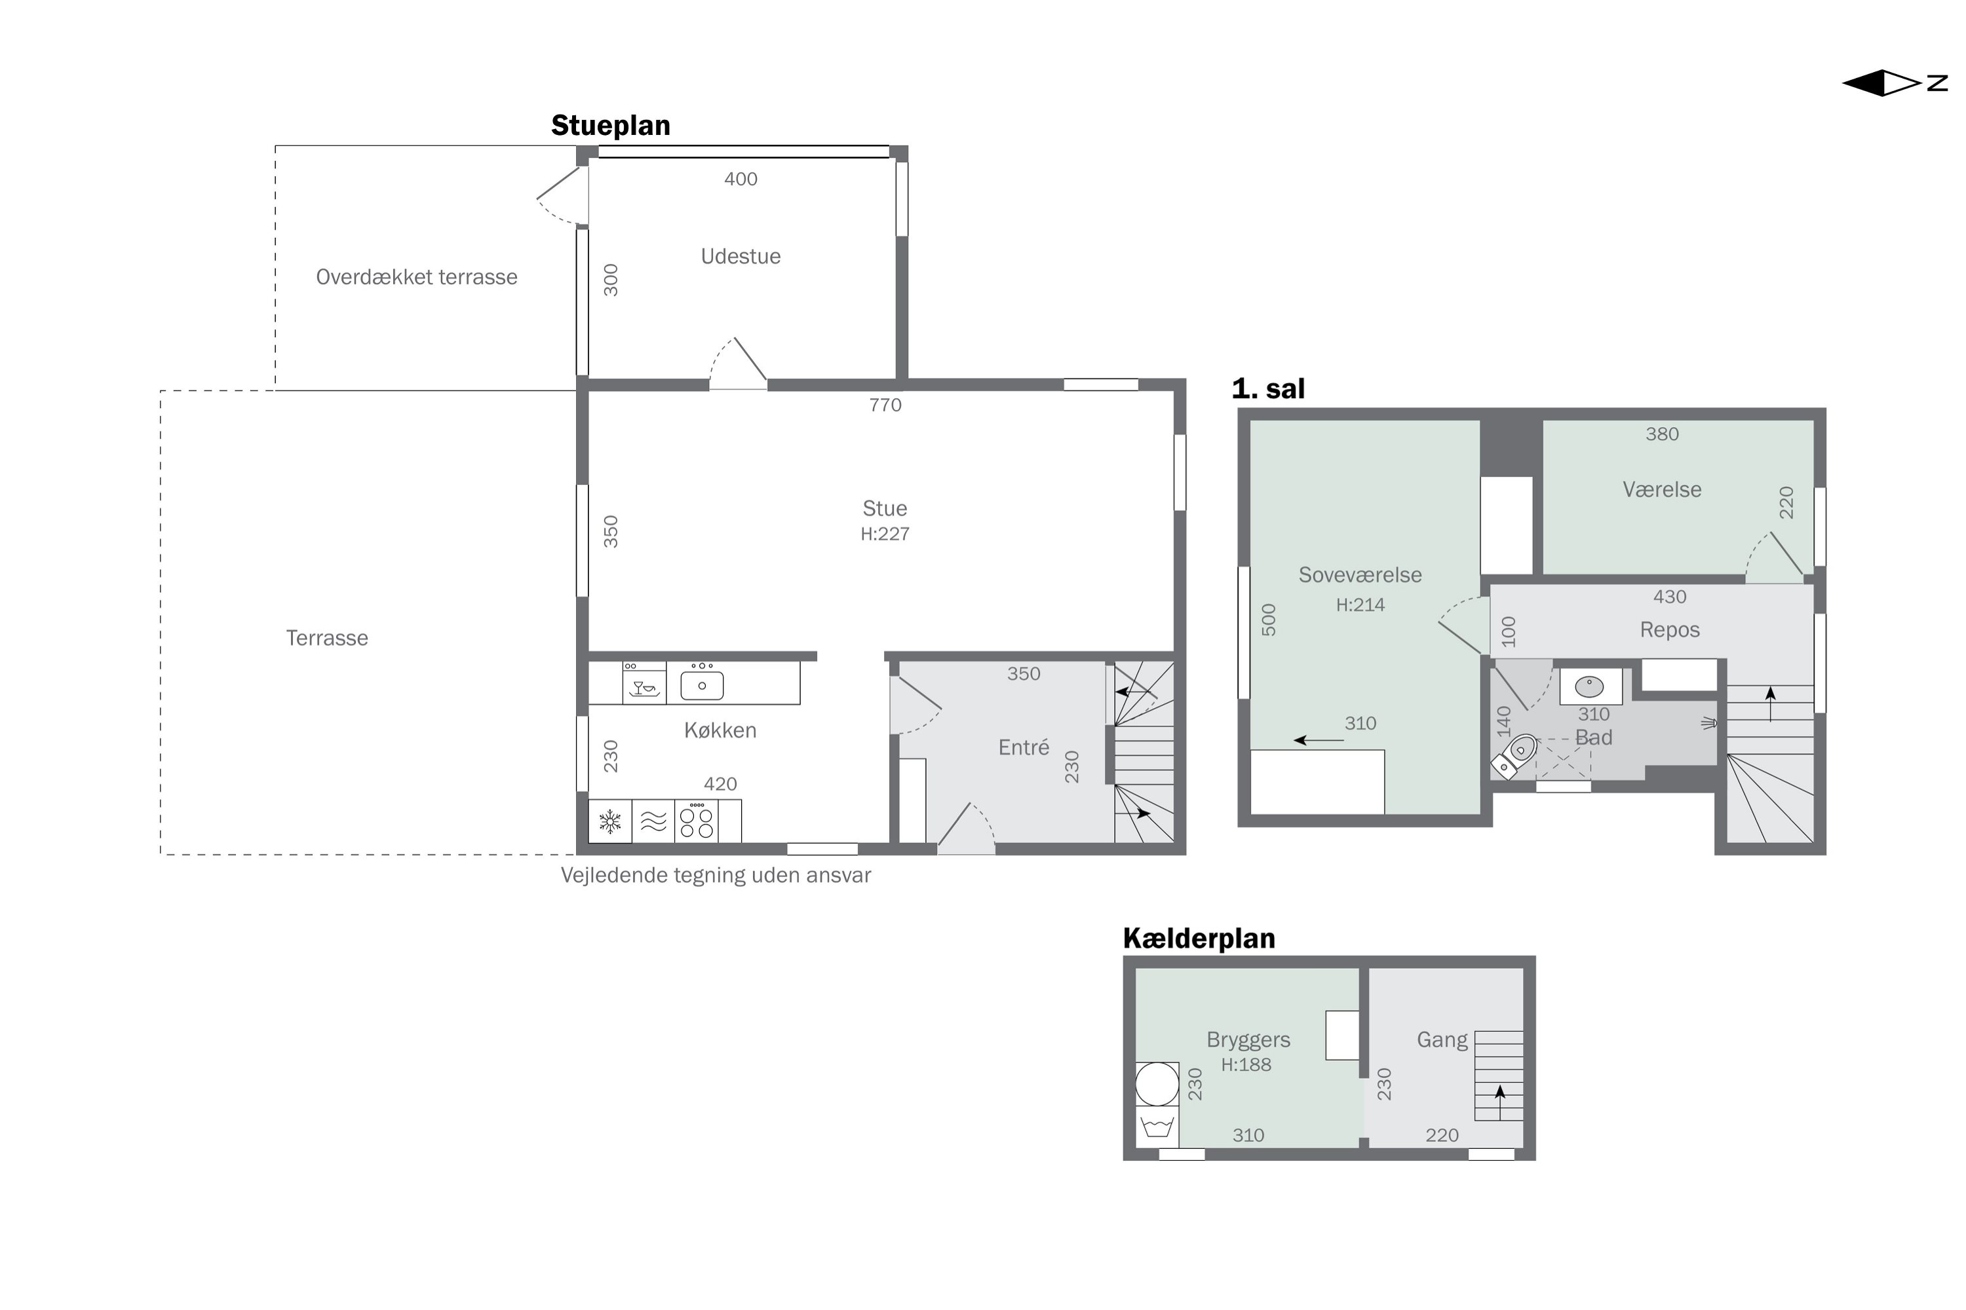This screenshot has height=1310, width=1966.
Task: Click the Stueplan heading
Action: (x=610, y=125)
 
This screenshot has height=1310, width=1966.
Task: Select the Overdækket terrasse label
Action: (x=416, y=277)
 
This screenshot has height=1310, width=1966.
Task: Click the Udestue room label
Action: (x=741, y=257)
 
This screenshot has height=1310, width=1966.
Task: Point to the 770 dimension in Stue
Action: (x=885, y=405)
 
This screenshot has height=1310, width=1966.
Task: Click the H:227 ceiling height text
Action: (x=885, y=534)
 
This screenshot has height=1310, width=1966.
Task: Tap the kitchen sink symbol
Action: (x=702, y=685)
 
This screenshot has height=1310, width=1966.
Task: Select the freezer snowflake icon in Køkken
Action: (x=610, y=821)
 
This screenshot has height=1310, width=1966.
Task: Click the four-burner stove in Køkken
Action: (x=696, y=821)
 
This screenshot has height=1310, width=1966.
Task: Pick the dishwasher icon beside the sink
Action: (x=644, y=683)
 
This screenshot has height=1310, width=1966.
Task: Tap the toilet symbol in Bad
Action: (x=1514, y=756)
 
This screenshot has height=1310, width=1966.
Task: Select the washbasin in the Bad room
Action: (x=1589, y=686)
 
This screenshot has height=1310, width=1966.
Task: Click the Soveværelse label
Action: (x=1360, y=575)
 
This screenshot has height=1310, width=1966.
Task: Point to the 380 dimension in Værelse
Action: (x=1662, y=434)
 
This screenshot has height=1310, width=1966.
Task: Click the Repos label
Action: (x=1669, y=630)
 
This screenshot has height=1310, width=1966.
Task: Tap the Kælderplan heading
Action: (x=1199, y=938)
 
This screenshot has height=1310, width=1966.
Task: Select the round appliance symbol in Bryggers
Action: (x=1157, y=1083)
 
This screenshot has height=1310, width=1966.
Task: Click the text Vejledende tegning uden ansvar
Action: (x=716, y=876)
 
